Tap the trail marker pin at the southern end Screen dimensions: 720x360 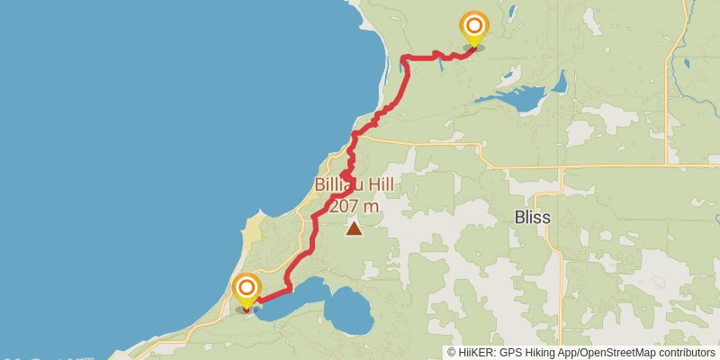click(247, 291)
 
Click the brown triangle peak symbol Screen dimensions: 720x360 click(355, 229)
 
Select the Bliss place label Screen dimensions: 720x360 click(532, 218)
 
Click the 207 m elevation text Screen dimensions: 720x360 click(354, 206)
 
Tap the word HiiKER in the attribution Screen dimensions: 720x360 click(478, 353)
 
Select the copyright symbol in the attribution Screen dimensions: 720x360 click(452, 353)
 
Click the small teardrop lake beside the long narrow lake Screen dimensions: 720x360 click(560, 83)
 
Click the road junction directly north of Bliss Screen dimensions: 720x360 click(561, 167)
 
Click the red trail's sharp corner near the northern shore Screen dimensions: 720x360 click(402, 59)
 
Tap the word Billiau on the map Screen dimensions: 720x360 click(336, 185)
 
